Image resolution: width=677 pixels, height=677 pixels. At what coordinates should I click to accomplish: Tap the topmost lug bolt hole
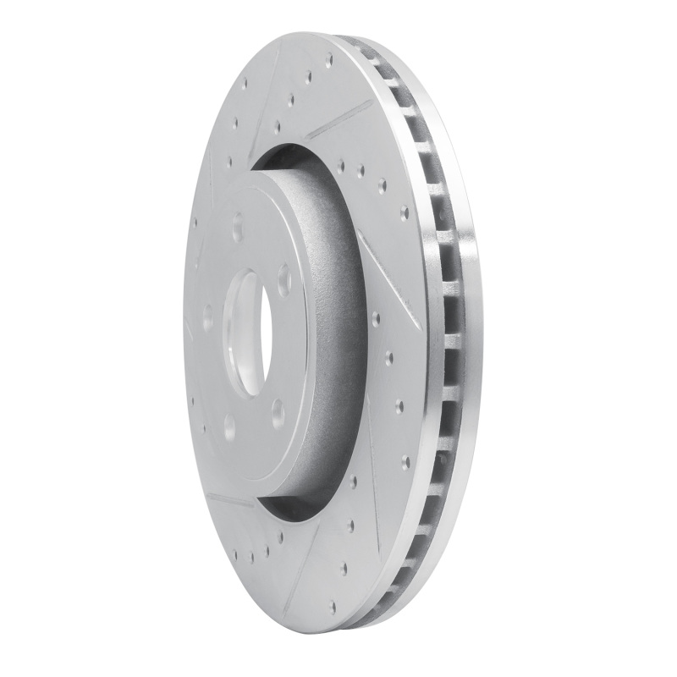(x=237, y=227)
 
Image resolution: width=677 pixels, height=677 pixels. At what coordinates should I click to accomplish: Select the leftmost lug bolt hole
(x=208, y=318)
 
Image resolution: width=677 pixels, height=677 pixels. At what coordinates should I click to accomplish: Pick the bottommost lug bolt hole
(x=229, y=426)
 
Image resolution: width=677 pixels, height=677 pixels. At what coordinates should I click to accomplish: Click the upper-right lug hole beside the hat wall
(x=283, y=279)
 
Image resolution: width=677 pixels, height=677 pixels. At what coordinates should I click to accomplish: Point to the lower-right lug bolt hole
(x=278, y=412)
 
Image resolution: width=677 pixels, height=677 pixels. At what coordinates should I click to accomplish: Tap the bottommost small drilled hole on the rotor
(x=332, y=607)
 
